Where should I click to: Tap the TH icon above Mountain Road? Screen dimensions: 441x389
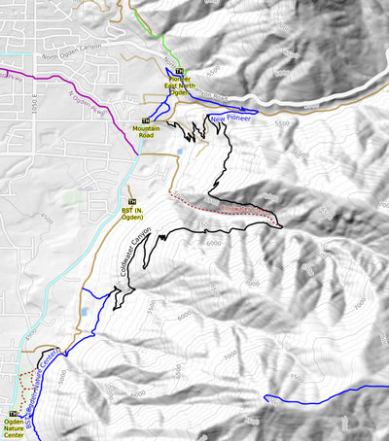(145, 120)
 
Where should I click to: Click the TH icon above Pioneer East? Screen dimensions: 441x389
(179, 71)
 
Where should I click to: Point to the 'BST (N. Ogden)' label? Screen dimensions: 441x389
(130, 214)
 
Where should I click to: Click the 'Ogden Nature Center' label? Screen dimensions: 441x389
(14, 428)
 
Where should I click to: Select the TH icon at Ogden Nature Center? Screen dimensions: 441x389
(14, 414)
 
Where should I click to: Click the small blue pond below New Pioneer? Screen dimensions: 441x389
(180, 151)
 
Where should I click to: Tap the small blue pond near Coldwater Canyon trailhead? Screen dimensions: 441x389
(86, 313)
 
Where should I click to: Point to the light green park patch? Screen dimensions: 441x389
(71, 197)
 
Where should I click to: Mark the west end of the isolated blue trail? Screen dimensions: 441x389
(265, 398)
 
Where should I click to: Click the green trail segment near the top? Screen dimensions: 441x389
(158, 39)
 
